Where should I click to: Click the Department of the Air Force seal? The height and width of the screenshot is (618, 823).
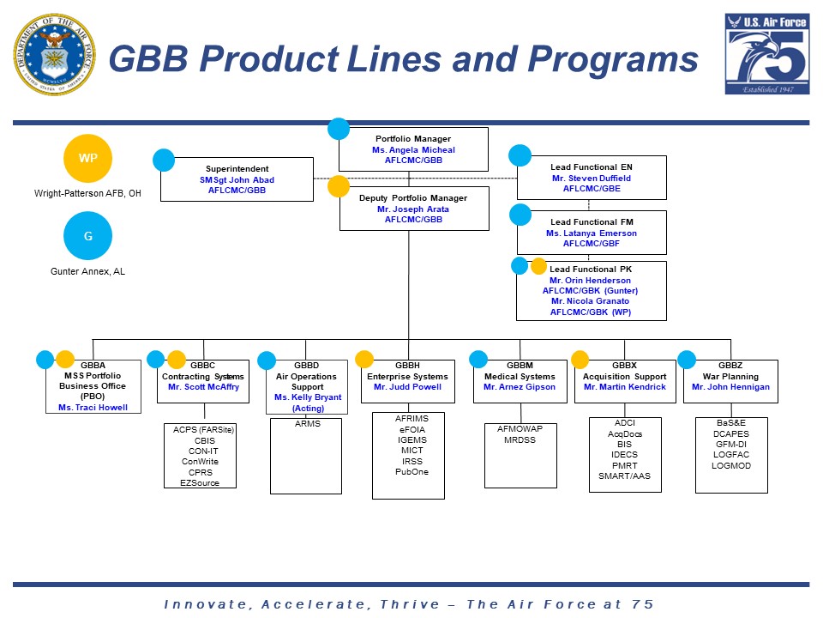point(54,54)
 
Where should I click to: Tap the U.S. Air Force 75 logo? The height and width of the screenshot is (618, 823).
point(766,54)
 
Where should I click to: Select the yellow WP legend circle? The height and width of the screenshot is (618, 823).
point(88,159)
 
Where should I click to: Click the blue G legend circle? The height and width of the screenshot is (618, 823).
point(87,236)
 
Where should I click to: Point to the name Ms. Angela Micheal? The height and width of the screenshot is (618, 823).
point(413,150)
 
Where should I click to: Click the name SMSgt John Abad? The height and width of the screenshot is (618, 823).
point(237,180)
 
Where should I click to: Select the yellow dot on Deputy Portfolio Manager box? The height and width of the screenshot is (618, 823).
point(339,186)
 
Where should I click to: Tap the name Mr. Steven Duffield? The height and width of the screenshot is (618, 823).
point(592,179)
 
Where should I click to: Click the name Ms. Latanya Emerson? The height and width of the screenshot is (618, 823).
point(592,233)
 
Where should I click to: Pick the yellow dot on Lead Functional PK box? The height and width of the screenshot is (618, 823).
point(538,266)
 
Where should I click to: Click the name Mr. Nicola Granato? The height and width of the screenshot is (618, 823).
point(590,301)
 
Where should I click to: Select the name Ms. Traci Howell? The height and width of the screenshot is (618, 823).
point(93,408)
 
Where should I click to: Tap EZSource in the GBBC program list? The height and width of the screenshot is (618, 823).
point(200,483)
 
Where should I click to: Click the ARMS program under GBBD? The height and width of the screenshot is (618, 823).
point(307,423)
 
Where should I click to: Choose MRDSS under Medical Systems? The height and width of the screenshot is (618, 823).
point(520,439)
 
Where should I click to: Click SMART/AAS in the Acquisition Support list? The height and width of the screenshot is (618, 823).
point(624,476)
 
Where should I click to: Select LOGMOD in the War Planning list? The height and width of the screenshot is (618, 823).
point(731,465)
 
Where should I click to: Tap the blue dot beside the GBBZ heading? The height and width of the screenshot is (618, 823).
point(687,360)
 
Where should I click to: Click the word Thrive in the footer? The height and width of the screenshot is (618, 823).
point(403,604)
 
